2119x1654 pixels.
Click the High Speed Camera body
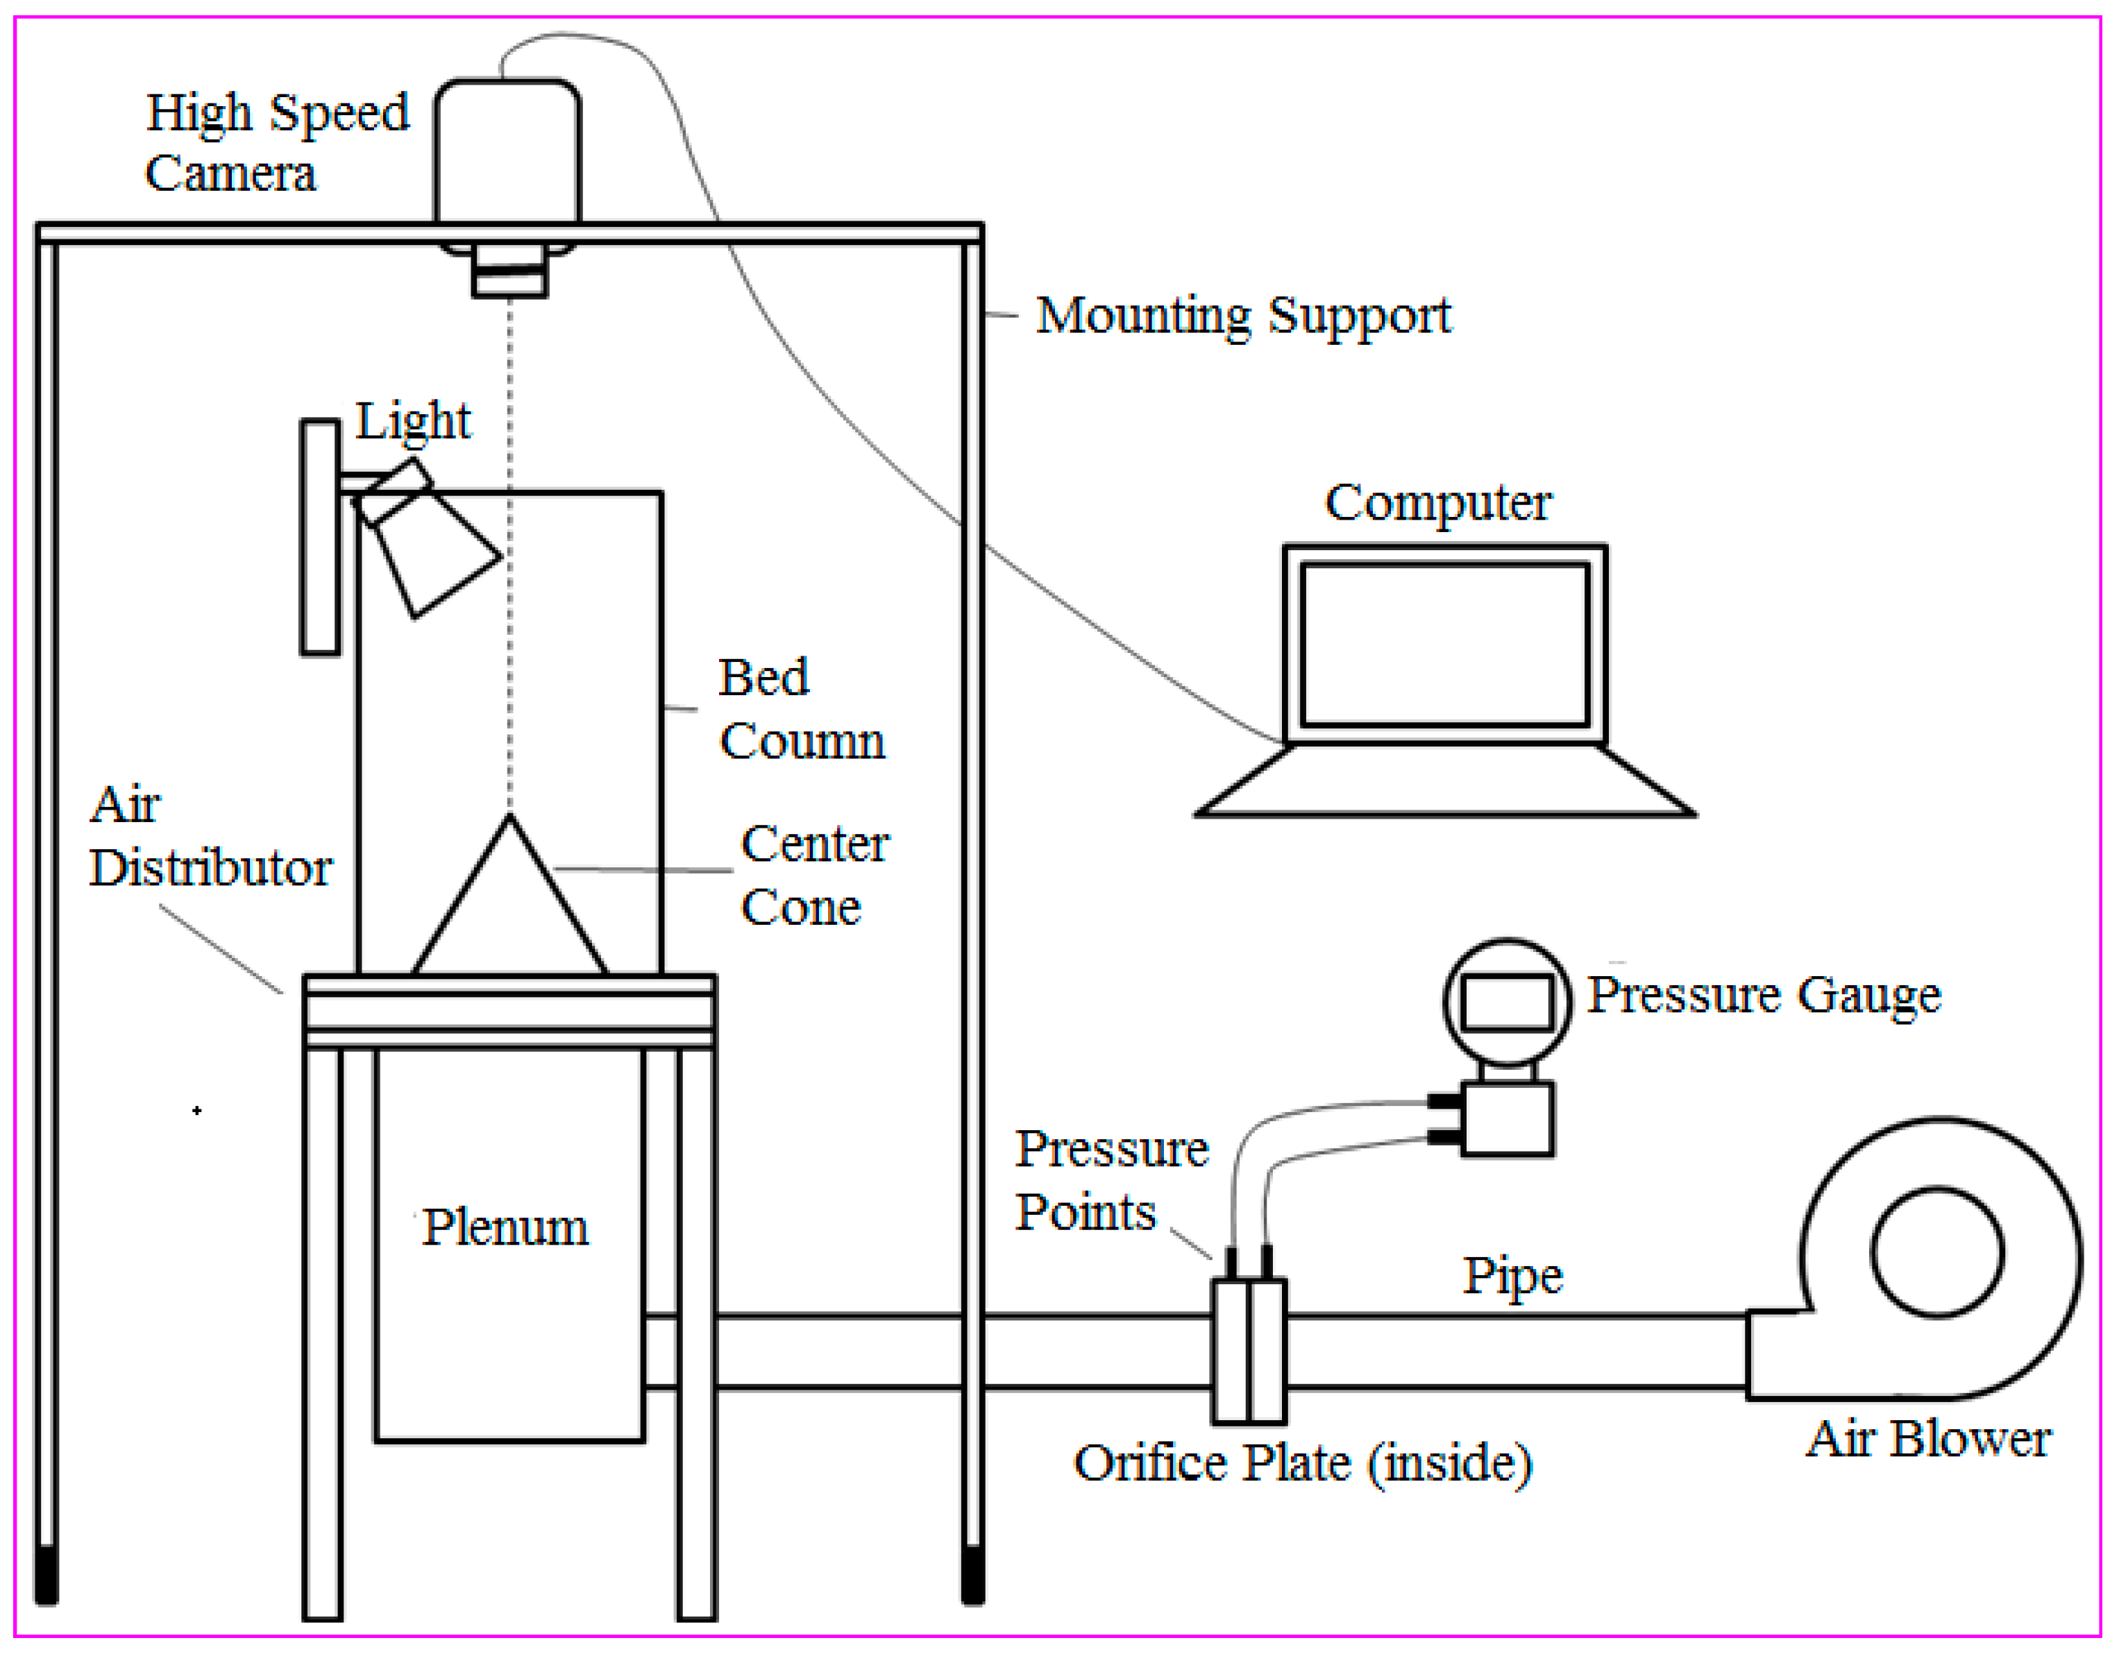507,153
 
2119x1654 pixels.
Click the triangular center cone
509,912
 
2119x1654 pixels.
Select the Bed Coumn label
800,710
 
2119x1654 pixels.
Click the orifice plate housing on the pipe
1249,1352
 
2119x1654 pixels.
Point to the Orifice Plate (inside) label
1302,1463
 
